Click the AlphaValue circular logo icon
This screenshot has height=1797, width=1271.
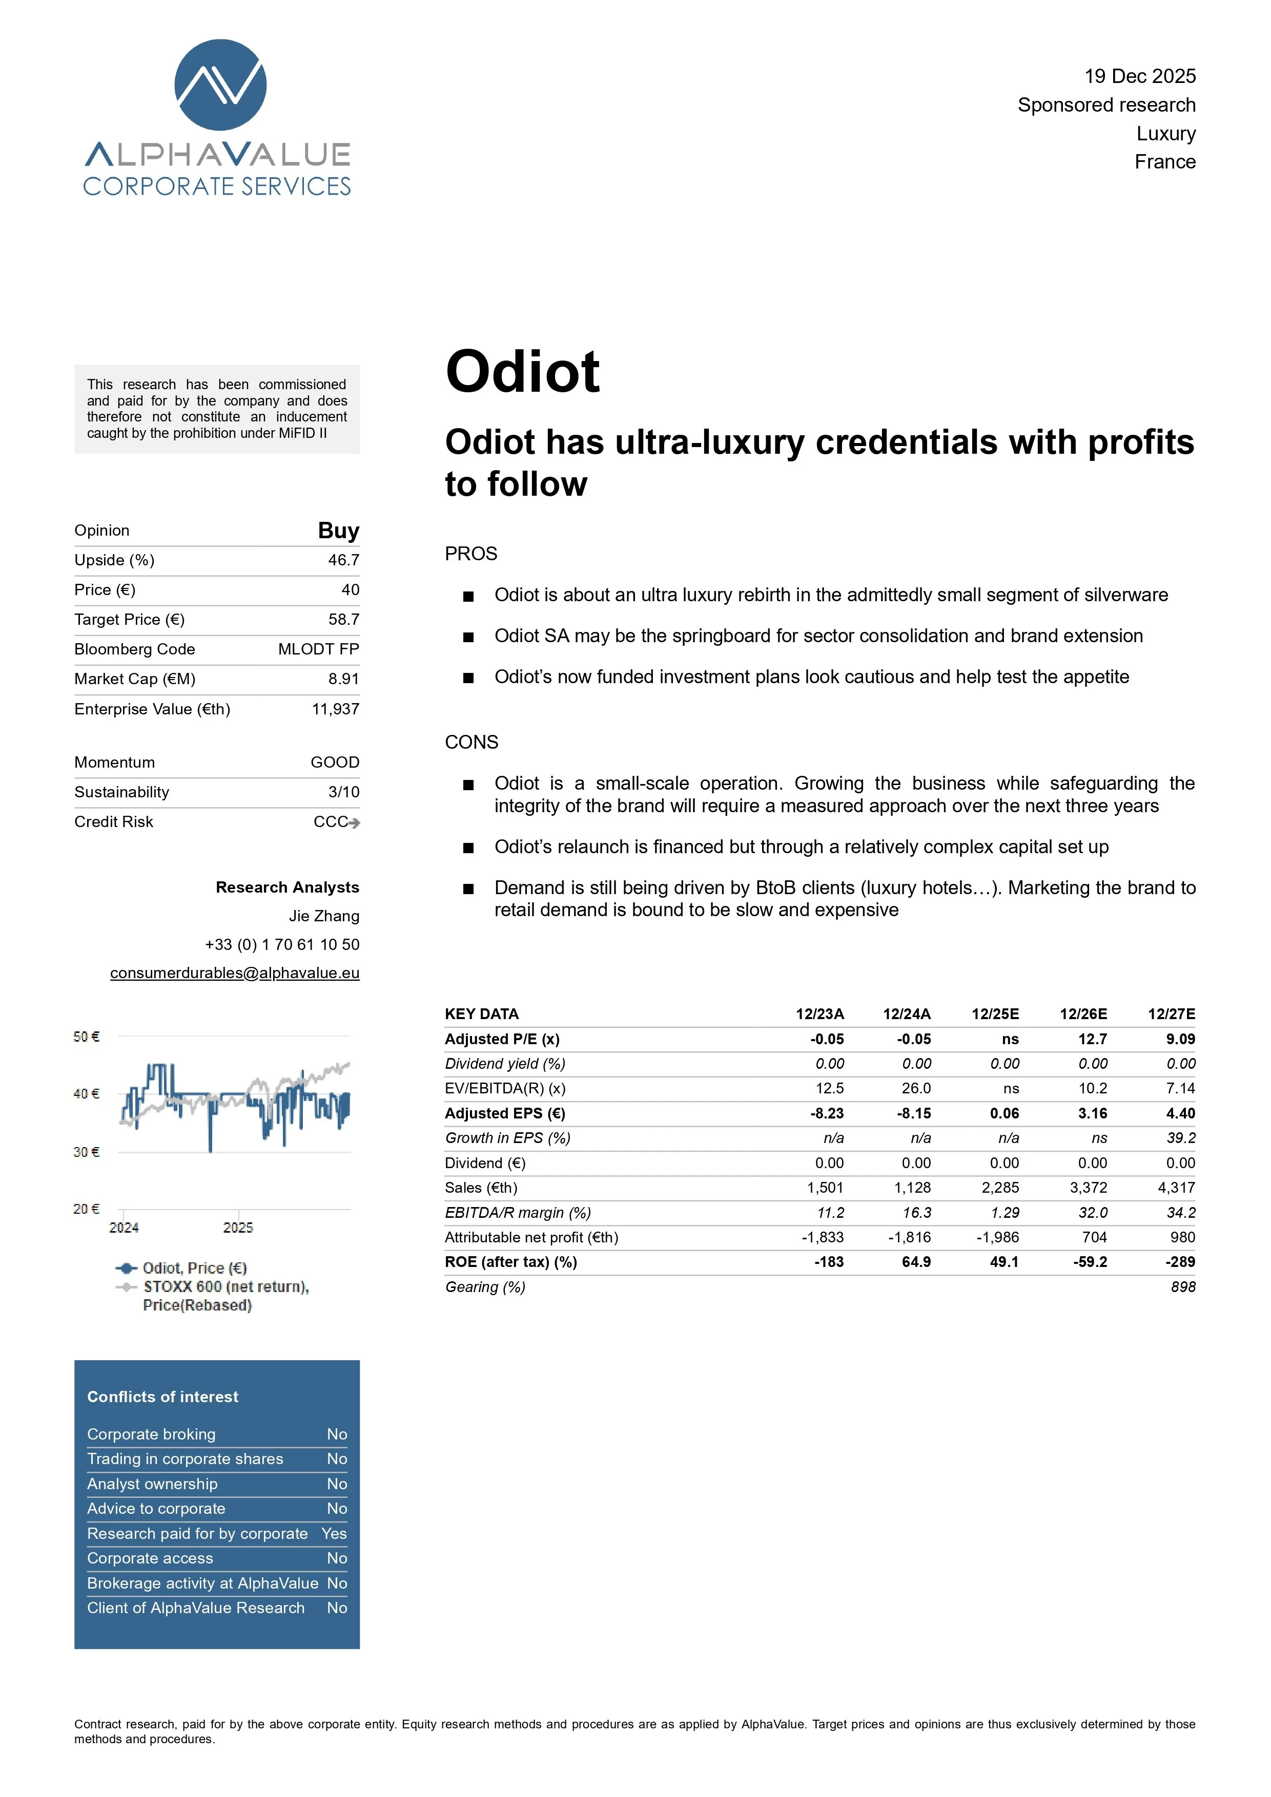point(220,84)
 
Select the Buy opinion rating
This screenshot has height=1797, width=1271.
point(338,531)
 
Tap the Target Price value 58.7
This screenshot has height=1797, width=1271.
point(344,619)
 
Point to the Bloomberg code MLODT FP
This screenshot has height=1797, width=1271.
point(318,649)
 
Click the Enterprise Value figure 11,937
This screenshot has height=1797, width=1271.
point(335,709)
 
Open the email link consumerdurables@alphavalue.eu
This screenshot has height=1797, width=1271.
point(234,973)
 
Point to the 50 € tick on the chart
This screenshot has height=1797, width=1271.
point(86,1036)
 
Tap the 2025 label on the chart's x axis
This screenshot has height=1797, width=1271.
point(238,1227)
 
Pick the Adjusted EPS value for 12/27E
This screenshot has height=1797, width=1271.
point(1180,1113)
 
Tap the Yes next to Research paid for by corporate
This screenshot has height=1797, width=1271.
point(334,1533)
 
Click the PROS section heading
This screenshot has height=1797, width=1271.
point(470,554)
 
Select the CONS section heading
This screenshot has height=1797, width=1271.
point(471,742)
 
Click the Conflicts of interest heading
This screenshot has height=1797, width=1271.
point(162,1397)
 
